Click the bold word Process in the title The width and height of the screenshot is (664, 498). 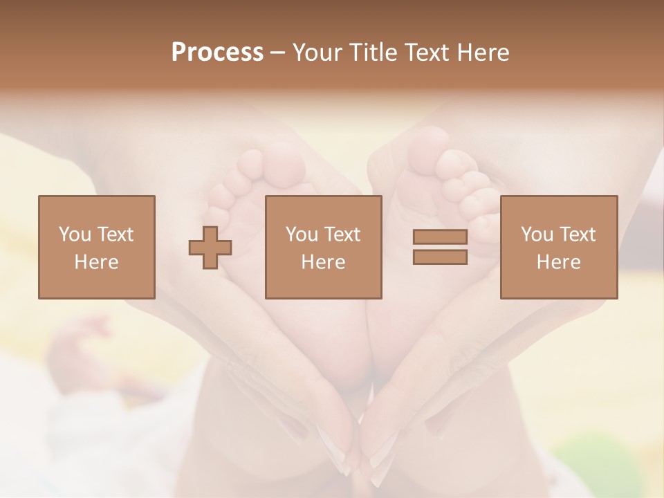(x=217, y=53)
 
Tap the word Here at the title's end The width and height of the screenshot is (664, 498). (x=483, y=53)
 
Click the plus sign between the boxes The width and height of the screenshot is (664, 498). (x=210, y=247)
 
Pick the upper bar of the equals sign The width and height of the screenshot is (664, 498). (x=440, y=237)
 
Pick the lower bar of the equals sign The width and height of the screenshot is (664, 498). (x=440, y=257)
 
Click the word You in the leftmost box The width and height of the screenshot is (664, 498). (x=74, y=234)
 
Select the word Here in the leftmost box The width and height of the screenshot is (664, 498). (x=96, y=262)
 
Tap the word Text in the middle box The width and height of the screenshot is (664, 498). (x=342, y=234)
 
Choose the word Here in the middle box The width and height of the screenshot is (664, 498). (x=323, y=262)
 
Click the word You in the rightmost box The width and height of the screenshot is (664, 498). (x=537, y=234)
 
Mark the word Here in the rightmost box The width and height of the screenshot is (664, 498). (x=558, y=262)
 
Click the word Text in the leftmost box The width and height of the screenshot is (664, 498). (x=115, y=234)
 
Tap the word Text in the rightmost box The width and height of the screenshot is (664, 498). (x=577, y=234)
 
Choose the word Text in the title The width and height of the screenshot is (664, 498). (x=425, y=53)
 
